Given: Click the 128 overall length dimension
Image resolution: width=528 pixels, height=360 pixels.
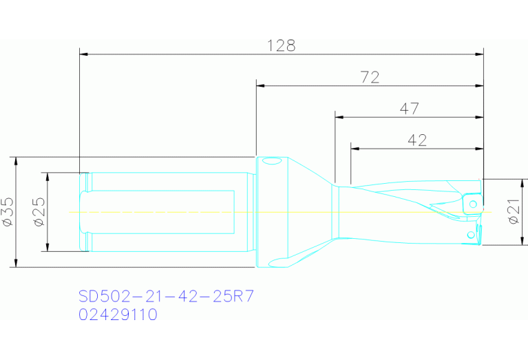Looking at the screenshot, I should tap(281, 45).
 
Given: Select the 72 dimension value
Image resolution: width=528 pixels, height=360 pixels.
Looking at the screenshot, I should tap(370, 78).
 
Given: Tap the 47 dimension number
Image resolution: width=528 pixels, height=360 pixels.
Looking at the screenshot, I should tap(409, 109).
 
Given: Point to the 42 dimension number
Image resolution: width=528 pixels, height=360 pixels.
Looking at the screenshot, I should tap(417, 140).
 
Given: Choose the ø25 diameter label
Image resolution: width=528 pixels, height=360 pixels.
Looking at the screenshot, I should tap(39, 212).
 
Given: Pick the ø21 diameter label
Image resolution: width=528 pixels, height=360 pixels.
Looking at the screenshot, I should tap(514, 211).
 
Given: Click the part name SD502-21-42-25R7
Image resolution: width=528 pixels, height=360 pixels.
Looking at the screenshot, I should tap(166, 297).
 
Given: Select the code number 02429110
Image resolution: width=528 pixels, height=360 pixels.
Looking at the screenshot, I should tap(118, 315).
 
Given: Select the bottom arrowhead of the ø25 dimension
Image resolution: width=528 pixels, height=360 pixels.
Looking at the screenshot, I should tap(47, 248).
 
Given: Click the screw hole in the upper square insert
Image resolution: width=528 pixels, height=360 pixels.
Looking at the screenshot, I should tap(473, 204).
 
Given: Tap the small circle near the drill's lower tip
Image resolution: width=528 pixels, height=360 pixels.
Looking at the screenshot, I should tap(471, 235).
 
